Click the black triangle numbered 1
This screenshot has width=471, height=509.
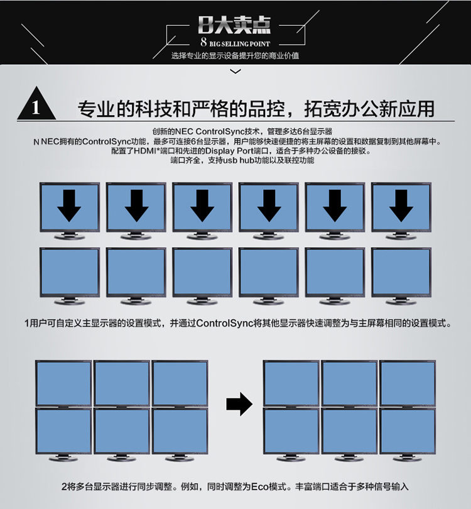click(36, 104)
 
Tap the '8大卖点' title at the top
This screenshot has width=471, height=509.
click(234, 25)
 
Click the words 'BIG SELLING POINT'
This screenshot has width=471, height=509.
click(239, 44)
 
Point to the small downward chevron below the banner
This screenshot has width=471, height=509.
click(235, 71)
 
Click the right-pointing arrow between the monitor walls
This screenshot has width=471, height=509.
click(239, 404)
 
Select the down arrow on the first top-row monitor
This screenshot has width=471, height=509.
click(69, 206)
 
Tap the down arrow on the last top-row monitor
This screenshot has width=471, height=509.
click(401, 206)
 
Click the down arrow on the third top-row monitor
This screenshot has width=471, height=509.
click(202, 206)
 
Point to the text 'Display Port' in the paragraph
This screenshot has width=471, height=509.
click(229, 151)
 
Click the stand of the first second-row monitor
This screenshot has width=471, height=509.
click(70, 301)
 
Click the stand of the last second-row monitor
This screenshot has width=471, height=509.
click(401, 301)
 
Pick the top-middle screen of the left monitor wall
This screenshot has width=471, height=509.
click(122, 383)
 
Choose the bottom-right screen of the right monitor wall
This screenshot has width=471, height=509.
click(408, 431)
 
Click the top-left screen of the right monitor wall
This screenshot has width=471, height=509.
click(291, 383)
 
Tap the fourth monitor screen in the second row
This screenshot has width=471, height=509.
click(268, 272)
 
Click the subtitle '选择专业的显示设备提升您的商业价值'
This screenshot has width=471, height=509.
click(235, 56)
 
